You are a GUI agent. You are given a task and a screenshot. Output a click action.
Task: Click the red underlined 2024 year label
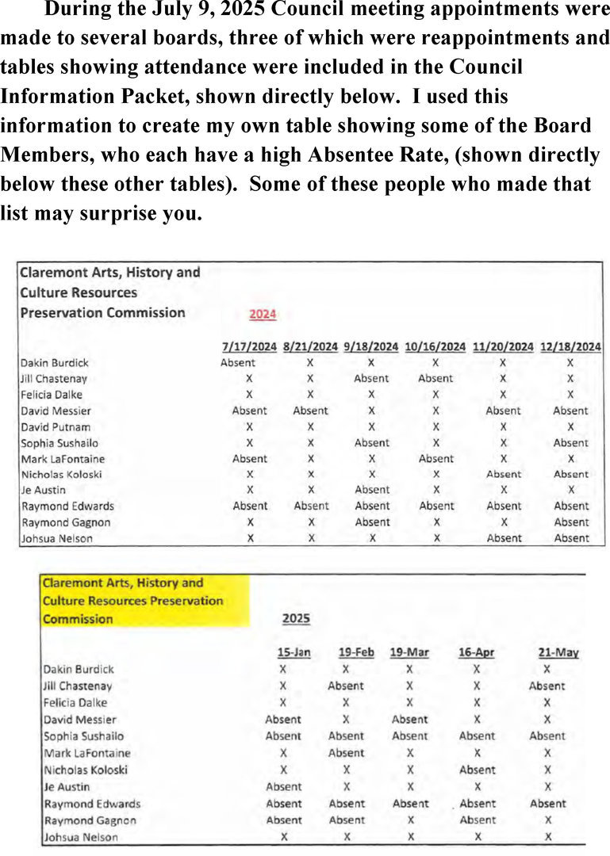(x=263, y=315)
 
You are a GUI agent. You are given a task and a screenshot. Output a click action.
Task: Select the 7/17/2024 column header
(x=250, y=347)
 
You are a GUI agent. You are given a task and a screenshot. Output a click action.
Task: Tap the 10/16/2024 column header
(x=435, y=347)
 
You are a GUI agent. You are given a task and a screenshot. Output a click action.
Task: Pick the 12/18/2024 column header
(x=570, y=347)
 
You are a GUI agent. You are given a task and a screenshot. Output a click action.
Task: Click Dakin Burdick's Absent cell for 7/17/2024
(x=238, y=363)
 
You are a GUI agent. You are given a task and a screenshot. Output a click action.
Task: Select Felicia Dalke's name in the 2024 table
(x=51, y=395)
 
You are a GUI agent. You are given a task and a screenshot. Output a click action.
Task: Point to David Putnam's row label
(x=55, y=427)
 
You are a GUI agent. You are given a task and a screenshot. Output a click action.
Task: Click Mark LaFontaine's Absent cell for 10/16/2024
(x=435, y=459)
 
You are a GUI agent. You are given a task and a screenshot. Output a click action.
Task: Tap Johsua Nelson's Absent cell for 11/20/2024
(x=504, y=538)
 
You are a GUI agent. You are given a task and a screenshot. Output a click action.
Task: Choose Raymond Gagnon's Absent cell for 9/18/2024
(x=372, y=522)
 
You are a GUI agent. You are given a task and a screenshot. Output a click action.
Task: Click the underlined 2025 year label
(x=296, y=619)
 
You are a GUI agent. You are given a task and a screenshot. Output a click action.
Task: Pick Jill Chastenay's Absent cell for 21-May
(x=547, y=686)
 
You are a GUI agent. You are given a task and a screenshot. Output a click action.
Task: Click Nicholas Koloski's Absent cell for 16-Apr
(x=478, y=770)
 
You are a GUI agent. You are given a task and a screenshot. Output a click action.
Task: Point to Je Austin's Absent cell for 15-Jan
(x=283, y=787)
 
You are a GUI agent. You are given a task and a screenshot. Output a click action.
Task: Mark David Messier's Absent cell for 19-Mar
(x=409, y=720)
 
